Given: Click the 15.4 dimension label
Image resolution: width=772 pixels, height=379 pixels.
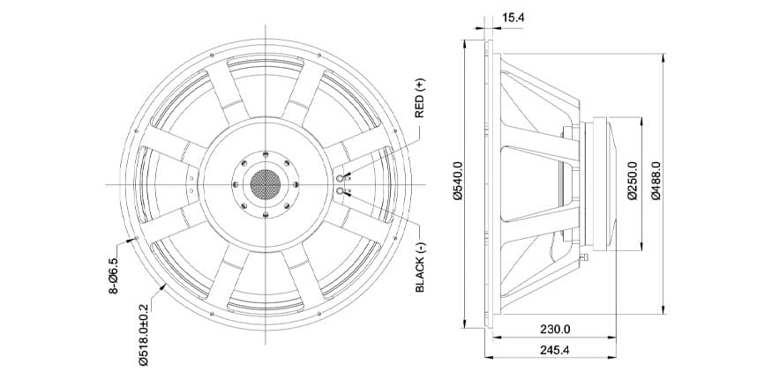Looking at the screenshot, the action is click(x=513, y=18).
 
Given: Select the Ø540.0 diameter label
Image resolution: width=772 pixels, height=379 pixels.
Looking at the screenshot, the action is click(x=459, y=181).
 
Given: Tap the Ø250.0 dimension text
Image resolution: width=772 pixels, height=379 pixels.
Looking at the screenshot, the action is click(x=633, y=181).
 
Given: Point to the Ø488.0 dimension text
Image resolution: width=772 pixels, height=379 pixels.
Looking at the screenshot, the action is click(x=656, y=181).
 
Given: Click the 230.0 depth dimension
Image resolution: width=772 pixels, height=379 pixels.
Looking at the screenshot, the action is click(x=555, y=330).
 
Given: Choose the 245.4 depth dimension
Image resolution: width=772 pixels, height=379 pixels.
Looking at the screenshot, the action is click(x=555, y=350).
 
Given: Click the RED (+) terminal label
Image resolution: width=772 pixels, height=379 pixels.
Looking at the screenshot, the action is click(x=419, y=99).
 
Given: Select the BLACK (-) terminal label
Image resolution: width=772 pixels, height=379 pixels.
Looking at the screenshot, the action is click(x=419, y=268).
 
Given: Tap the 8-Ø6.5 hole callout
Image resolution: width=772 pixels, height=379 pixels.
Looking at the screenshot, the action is click(x=113, y=276).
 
